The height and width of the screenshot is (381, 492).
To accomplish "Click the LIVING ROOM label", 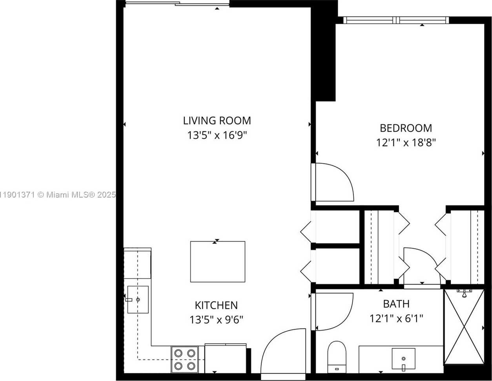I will pos(217,120).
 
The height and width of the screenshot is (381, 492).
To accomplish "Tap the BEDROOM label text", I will pos(406,128).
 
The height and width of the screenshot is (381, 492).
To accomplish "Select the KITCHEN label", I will pos(216,305).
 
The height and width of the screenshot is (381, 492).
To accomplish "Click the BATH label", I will pos(396,304).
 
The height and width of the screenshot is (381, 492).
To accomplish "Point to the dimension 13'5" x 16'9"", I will pos(217,136).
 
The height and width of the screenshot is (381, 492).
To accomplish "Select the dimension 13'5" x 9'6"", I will pos(216,320).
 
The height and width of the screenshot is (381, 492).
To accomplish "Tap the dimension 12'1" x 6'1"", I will pos(396,318).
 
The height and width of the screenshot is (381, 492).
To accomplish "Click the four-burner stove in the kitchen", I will pos(184,359).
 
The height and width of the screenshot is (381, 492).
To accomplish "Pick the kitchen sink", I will pos(138,299).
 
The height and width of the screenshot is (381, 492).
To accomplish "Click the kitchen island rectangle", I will pos(217,261).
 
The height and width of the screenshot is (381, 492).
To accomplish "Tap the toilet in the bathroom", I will pos(336,356).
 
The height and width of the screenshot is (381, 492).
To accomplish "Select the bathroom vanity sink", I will pos(403,358).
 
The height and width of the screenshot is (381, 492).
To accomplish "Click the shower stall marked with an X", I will pos(464,327).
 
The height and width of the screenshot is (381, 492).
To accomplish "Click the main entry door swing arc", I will pos(282,351).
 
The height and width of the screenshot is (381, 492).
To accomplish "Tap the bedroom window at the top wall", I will pos(396,20).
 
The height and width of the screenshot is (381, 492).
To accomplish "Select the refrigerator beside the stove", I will pos(225,359).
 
